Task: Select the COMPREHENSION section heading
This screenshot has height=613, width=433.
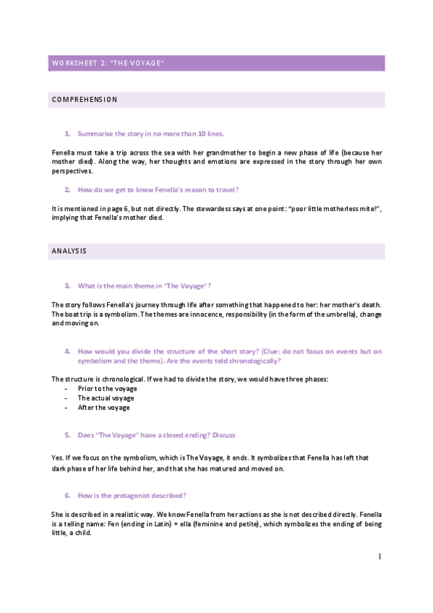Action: (x=85, y=100)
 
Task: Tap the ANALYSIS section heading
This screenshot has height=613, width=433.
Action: (x=69, y=252)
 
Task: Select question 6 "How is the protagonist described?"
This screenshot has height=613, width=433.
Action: (x=132, y=495)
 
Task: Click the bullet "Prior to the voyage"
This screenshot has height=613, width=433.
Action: (x=106, y=389)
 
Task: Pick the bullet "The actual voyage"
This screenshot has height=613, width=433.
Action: (x=106, y=398)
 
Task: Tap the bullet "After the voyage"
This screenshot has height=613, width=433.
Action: (x=103, y=408)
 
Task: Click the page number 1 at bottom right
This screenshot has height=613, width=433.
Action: (x=379, y=557)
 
